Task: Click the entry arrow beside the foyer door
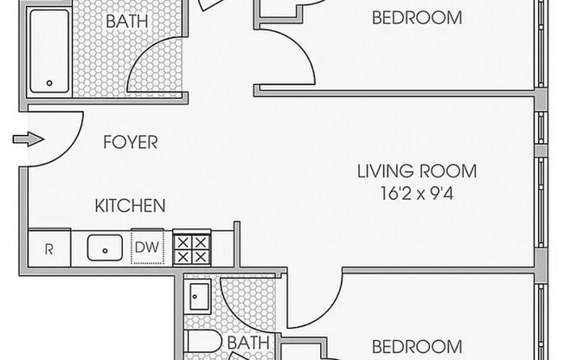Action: (x=29, y=139)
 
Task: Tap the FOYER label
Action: (x=131, y=142)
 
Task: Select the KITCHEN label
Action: (x=131, y=206)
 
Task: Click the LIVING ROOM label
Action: (x=417, y=171)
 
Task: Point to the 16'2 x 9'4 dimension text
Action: (x=417, y=193)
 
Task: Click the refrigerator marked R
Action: (x=49, y=248)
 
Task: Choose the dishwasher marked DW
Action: (x=147, y=247)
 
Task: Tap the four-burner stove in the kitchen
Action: (x=192, y=248)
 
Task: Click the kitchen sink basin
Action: (x=105, y=247)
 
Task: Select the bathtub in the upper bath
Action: (x=49, y=51)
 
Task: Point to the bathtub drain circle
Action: (x=49, y=83)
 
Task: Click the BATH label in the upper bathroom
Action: (x=127, y=22)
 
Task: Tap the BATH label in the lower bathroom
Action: (x=248, y=343)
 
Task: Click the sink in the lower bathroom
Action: (x=199, y=296)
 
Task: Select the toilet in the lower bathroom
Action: (x=204, y=342)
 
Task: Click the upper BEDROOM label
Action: (x=417, y=17)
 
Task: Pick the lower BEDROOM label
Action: (x=417, y=346)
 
